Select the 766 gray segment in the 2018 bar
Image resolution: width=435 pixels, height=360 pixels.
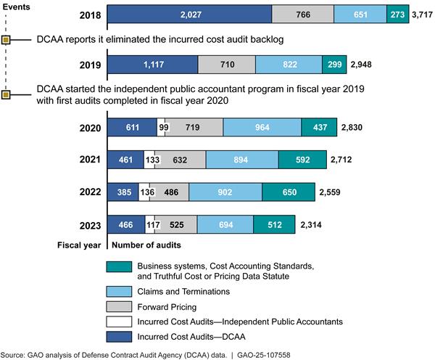point(303,14)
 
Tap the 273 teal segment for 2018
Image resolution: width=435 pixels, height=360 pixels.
point(397,14)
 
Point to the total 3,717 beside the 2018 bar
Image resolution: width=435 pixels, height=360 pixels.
point(421,14)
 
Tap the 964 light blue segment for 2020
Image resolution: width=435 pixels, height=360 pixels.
point(262,127)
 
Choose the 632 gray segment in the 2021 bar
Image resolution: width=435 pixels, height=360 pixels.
point(180,160)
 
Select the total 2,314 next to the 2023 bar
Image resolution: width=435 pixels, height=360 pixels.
point(312,225)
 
